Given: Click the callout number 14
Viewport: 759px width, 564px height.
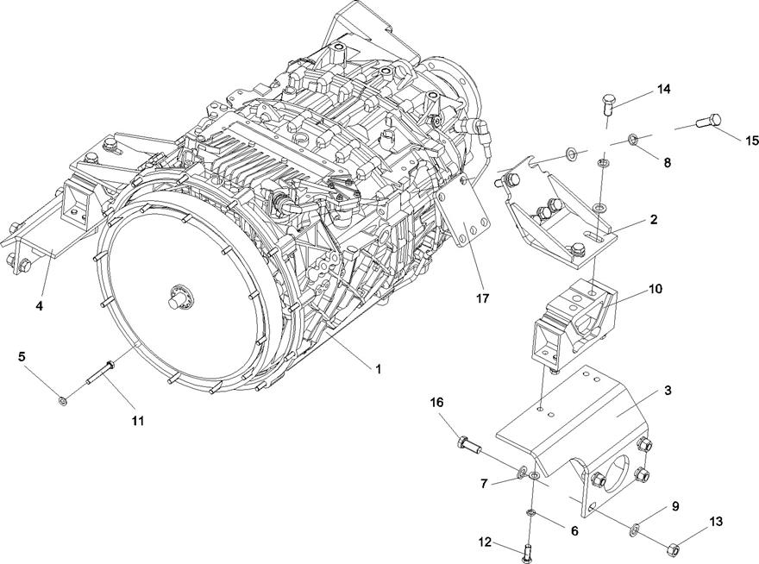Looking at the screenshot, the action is (x=663, y=89).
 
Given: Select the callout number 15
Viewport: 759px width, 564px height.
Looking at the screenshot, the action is (x=752, y=141).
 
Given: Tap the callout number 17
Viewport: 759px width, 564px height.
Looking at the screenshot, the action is (x=483, y=298).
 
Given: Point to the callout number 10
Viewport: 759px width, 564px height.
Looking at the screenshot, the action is (x=655, y=289).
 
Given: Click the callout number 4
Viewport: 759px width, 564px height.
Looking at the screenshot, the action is (x=40, y=306).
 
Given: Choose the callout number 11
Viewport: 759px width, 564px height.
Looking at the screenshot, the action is (x=138, y=421).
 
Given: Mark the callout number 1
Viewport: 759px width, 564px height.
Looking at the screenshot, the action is (x=379, y=369).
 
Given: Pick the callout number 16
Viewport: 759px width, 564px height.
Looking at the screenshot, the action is (x=436, y=403).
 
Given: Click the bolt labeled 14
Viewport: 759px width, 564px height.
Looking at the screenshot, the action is (x=608, y=103).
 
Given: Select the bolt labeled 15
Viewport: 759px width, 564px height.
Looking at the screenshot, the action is (x=709, y=120).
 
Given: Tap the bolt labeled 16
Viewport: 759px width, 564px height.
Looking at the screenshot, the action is (x=468, y=444).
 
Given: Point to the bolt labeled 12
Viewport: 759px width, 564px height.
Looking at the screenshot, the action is (x=527, y=553).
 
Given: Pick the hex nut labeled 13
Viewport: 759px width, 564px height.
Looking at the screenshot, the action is (x=673, y=549).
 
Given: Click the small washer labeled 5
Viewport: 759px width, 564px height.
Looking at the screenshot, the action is (x=62, y=401).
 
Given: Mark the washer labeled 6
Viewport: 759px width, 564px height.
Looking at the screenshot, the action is (x=531, y=511).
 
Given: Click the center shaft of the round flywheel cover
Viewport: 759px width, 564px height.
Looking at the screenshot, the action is (x=174, y=301).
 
